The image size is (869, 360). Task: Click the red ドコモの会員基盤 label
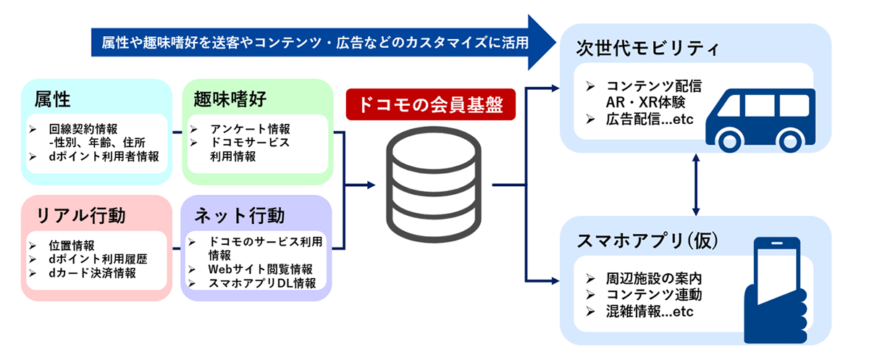tap(431, 104)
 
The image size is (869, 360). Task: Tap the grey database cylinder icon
tap(433, 185)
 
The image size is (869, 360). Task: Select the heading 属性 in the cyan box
tap(52, 99)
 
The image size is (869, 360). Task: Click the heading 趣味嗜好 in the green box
tap(230, 99)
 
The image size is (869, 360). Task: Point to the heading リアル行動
tap(80, 216)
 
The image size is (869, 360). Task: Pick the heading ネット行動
tap(240, 216)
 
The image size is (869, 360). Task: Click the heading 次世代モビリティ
tap(647, 49)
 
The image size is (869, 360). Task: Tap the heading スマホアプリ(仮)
tap(647, 240)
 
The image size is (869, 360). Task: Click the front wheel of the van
tap(730, 141)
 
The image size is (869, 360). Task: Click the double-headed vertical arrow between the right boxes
tap(696, 185)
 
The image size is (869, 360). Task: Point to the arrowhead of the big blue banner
tap(542, 42)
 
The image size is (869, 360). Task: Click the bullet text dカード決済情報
tap(93, 273)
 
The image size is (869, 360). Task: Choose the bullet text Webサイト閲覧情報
tap(260, 269)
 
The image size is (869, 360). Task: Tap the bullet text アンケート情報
tap(251, 129)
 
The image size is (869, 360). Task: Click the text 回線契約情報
tap(83, 129)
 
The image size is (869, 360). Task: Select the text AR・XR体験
tap(645, 102)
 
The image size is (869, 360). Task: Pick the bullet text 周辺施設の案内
tap(654, 279)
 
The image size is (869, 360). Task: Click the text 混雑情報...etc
tap(650, 311)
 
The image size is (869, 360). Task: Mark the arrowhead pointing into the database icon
tap(371, 185)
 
